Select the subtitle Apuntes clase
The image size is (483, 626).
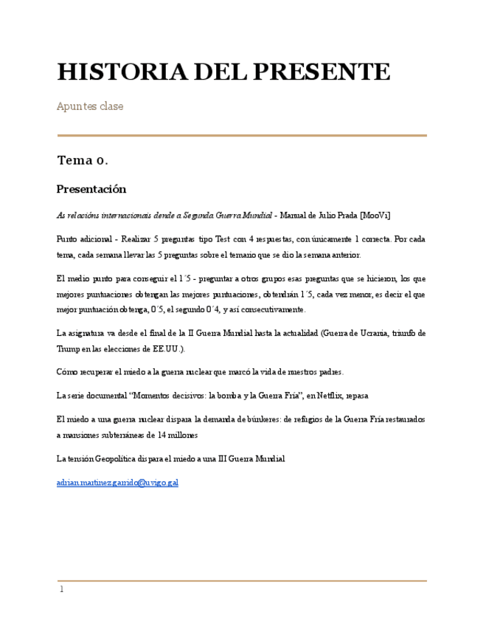(90, 106)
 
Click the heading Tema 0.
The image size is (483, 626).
(83, 160)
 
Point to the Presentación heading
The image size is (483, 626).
(91, 189)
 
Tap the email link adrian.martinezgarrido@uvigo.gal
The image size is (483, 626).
(117, 483)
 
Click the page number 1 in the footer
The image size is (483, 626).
(62, 589)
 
